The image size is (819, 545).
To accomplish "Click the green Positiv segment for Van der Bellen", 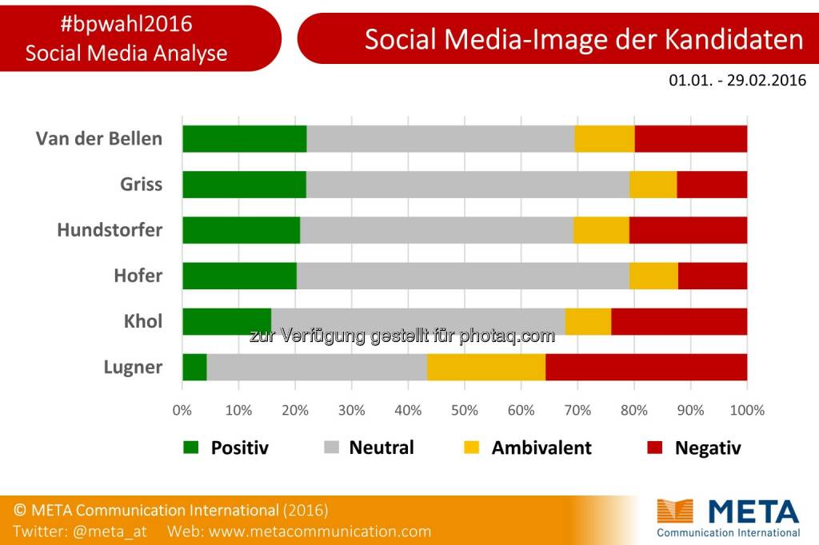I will point(244,138).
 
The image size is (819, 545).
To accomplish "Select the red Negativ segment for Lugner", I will point(646,368).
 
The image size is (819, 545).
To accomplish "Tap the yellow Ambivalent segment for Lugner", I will point(486,368).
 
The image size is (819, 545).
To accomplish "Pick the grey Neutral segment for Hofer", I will point(462,276).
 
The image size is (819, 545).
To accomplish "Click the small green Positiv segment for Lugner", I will point(194,368).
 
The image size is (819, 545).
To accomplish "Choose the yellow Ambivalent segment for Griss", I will point(653,185).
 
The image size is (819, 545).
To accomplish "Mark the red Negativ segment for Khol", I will point(679,321).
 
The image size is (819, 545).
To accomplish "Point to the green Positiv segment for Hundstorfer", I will point(241,230).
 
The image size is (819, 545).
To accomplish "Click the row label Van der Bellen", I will point(99,138).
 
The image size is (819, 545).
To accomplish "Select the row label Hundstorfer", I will point(110,230).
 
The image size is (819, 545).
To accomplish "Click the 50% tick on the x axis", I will point(465,410).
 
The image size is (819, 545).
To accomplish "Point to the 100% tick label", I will point(747,410).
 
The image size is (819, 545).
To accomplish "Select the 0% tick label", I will point(182,410).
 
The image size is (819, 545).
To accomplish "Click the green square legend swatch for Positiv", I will point(190,448).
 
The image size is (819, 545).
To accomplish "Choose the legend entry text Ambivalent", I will point(541,448).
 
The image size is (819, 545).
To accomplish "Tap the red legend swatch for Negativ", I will point(653,448).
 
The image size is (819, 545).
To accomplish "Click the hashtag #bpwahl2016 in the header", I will point(126,24).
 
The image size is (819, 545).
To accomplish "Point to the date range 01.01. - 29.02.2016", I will point(737,81).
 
